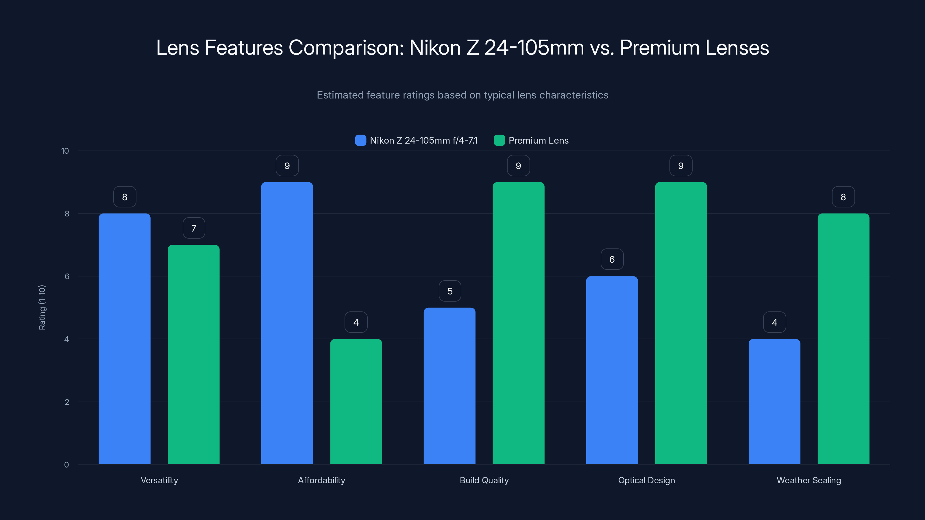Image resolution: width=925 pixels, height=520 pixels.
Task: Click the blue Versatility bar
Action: pyautogui.click(x=125, y=339)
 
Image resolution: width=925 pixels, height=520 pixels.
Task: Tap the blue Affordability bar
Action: pyautogui.click(x=287, y=323)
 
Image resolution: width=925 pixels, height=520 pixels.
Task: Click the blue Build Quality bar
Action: pyautogui.click(x=449, y=386)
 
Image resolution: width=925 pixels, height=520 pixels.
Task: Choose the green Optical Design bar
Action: pyautogui.click(x=681, y=323)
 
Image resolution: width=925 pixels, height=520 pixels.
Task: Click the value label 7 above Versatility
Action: pyautogui.click(x=194, y=228)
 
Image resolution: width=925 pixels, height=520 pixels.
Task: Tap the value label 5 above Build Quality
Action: pyautogui.click(x=449, y=291)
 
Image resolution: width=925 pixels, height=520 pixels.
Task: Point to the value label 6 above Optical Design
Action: pyautogui.click(x=612, y=259)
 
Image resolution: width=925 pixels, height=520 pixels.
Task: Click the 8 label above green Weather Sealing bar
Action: pyautogui.click(x=843, y=197)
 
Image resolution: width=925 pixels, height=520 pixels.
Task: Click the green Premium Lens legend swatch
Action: pyautogui.click(x=499, y=140)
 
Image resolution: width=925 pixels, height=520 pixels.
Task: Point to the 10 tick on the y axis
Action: pyautogui.click(x=65, y=151)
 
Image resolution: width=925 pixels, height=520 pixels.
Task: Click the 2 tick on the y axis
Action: pyautogui.click(x=67, y=402)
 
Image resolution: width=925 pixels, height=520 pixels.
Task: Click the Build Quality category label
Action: pyautogui.click(x=484, y=480)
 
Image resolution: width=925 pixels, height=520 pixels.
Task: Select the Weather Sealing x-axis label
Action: pyautogui.click(x=809, y=480)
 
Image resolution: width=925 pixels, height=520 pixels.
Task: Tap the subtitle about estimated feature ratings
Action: pyautogui.click(x=462, y=95)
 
